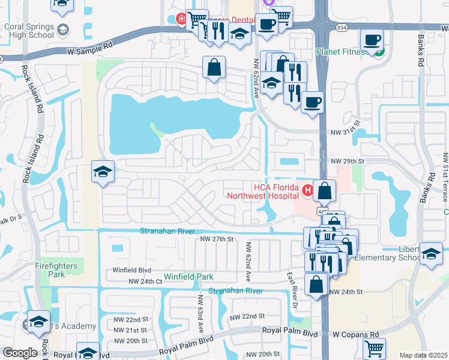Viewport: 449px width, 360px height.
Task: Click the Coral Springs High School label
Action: [29, 31]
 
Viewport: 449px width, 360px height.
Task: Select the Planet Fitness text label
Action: [342, 52]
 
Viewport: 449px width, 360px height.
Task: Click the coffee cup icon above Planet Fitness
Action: [372, 40]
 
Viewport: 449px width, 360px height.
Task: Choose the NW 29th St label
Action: [348, 161]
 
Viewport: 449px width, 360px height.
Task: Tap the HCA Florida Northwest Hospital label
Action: [263, 191]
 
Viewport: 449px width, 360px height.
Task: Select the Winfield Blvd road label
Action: [131, 271]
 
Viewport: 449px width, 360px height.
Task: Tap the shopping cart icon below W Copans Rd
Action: [374, 347]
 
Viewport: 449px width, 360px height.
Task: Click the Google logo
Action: [20, 353]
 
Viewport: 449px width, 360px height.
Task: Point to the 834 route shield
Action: [342, 28]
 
